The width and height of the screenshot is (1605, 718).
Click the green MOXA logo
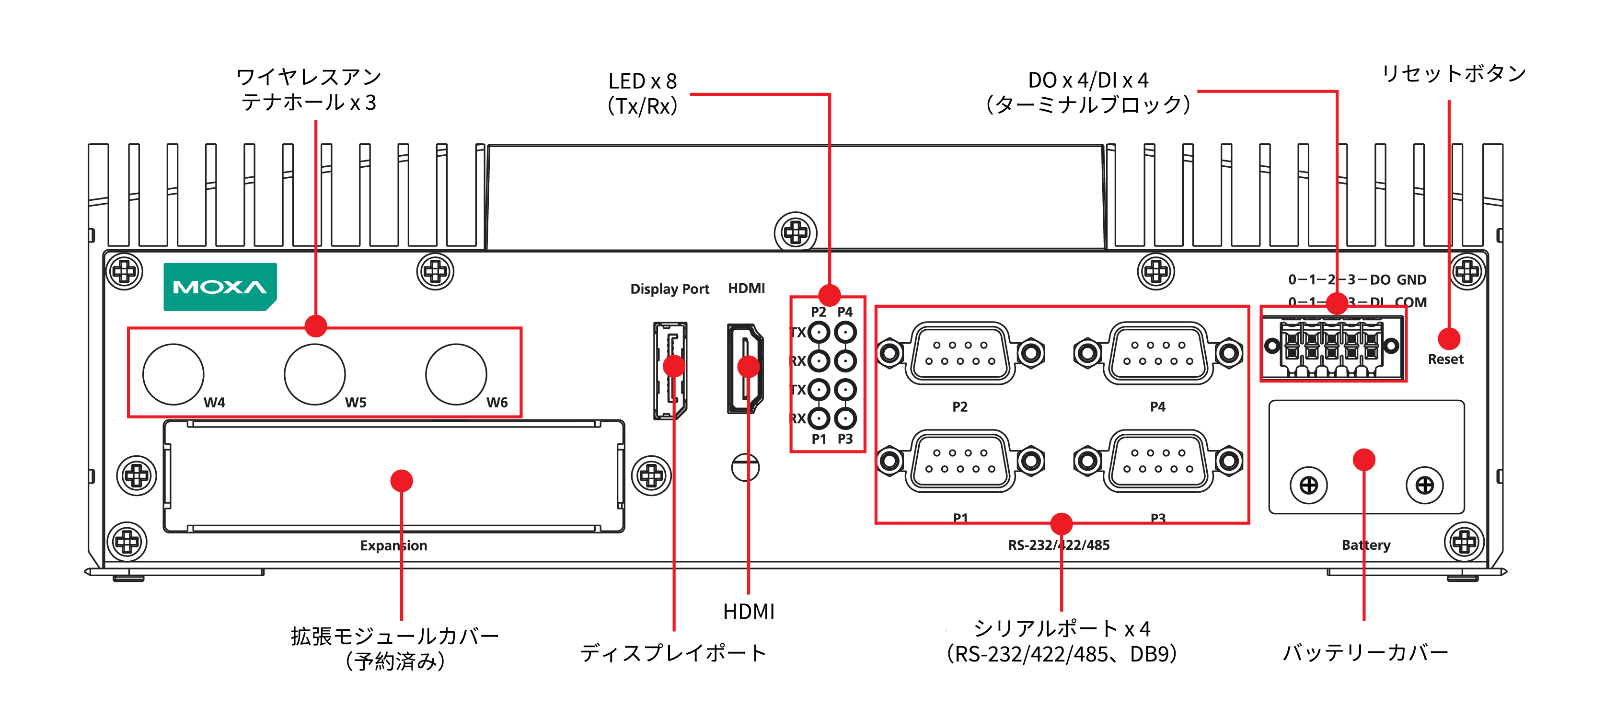pyautogui.click(x=220, y=287)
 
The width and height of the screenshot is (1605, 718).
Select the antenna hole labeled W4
pyautogui.click(x=173, y=374)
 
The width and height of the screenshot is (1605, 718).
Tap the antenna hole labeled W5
pyautogui.click(x=315, y=374)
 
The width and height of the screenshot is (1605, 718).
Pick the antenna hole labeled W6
pyautogui.click(x=456, y=374)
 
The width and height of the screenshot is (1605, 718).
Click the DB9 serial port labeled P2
pyautogui.click(x=960, y=353)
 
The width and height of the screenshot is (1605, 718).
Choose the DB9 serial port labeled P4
pyautogui.click(x=1158, y=353)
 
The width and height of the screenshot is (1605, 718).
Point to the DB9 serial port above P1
pyautogui.click(x=960, y=461)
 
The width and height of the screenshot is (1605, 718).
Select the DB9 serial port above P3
pyautogui.click(x=1158, y=461)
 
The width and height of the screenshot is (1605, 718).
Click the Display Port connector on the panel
pyautogui.click(x=670, y=371)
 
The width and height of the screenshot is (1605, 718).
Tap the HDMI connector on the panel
pyautogui.click(x=745, y=369)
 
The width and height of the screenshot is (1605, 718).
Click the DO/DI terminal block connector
pyautogui.click(x=1332, y=347)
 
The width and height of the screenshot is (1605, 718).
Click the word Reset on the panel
pyautogui.click(x=1445, y=359)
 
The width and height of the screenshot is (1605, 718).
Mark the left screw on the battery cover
pyautogui.click(x=1308, y=485)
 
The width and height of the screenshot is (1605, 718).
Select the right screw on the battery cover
pyautogui.click(x=1424, y=485)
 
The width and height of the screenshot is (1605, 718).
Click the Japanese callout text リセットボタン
pyautogui.click(x=1454, y=73)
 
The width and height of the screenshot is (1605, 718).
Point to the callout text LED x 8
pyautogui.click(x=642, y=81)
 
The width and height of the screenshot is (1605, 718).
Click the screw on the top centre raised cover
pyautogui.click(x=796, y=233)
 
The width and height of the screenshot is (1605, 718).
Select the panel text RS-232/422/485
pyautogui.click(x=1059, y=545)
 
